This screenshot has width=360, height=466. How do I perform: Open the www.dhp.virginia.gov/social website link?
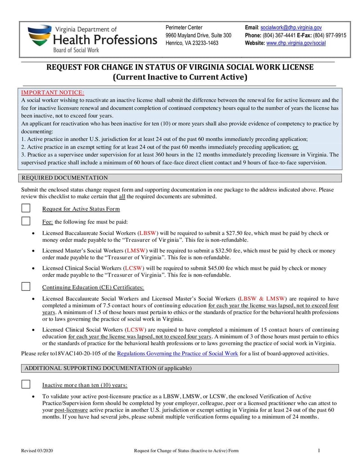click(296, 43)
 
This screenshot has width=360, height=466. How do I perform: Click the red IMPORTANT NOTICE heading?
click(53, 93)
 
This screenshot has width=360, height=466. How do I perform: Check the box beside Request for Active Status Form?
click(26, 208)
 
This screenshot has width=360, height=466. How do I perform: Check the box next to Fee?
click(26, 221)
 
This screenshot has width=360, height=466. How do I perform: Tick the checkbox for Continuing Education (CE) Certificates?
click(26, 287)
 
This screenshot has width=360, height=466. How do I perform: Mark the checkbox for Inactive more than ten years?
click(26, 385)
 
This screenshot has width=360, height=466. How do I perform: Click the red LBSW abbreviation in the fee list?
click(147, 233)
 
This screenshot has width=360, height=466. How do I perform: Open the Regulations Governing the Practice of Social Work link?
click(177, 353)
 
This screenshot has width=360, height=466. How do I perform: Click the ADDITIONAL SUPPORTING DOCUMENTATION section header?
click(108, 368)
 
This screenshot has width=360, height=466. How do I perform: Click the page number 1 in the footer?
click(319, 451)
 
